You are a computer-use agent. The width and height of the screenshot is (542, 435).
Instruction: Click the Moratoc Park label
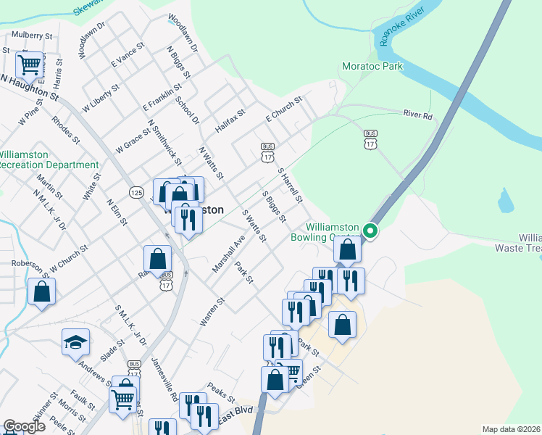pyautogui.click(x=372, y=67)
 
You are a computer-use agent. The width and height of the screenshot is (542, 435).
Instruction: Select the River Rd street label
pyautogui.click(x=417, y=115)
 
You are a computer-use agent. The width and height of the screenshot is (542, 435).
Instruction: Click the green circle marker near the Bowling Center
pyautogui.click(x=370, y=231)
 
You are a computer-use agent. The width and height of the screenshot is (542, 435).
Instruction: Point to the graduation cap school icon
pyautogui.click(x=75, y=342)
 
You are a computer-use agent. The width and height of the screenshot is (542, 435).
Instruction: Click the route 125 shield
pyautogui.click(x=136, y=192)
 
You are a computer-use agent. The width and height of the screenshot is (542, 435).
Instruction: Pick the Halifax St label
pyautogui.click(x=230, y=121)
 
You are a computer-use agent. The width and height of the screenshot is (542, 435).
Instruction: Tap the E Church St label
pyautogui.click(x=283, y=109)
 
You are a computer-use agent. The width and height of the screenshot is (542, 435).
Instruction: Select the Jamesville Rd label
pyautogui.click(x=165, y=381)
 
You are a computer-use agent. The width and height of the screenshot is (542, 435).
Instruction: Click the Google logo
pyautogui.click(x=24, y=427)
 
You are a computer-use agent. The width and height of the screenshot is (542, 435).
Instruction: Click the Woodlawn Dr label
pyautogui.click(x=182, y=32)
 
